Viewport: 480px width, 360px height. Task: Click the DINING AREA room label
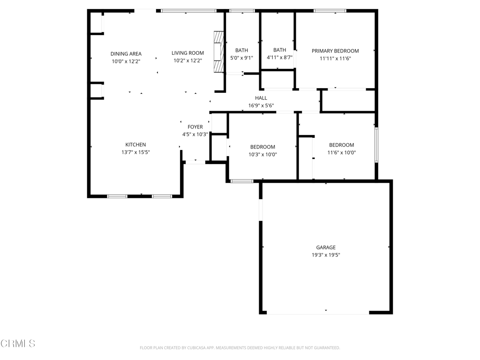(126, 54)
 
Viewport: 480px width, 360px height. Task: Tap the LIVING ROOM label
(187, 53)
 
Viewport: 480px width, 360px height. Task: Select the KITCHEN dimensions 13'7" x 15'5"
(135, 152)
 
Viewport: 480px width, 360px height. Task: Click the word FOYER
(195, 127)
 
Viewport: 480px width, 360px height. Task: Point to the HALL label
(261, 98)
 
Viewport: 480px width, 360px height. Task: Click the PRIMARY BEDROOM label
(335, 51)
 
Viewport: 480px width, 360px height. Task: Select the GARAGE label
(326, 247)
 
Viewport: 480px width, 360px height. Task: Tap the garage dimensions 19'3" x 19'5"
(326, 255)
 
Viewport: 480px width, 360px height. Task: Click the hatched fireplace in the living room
(218, 52)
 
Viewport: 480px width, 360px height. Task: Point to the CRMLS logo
(18, 344)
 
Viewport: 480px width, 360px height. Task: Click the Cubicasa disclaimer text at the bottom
(240, 348)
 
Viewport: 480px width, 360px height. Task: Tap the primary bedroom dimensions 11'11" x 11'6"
(335, 59)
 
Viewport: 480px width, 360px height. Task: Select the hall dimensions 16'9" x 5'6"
(261, 105)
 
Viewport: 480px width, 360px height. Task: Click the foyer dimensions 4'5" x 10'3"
(195, 135)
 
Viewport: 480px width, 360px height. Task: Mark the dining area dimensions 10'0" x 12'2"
(126, 61)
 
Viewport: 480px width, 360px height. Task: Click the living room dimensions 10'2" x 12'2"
(187, 60)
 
